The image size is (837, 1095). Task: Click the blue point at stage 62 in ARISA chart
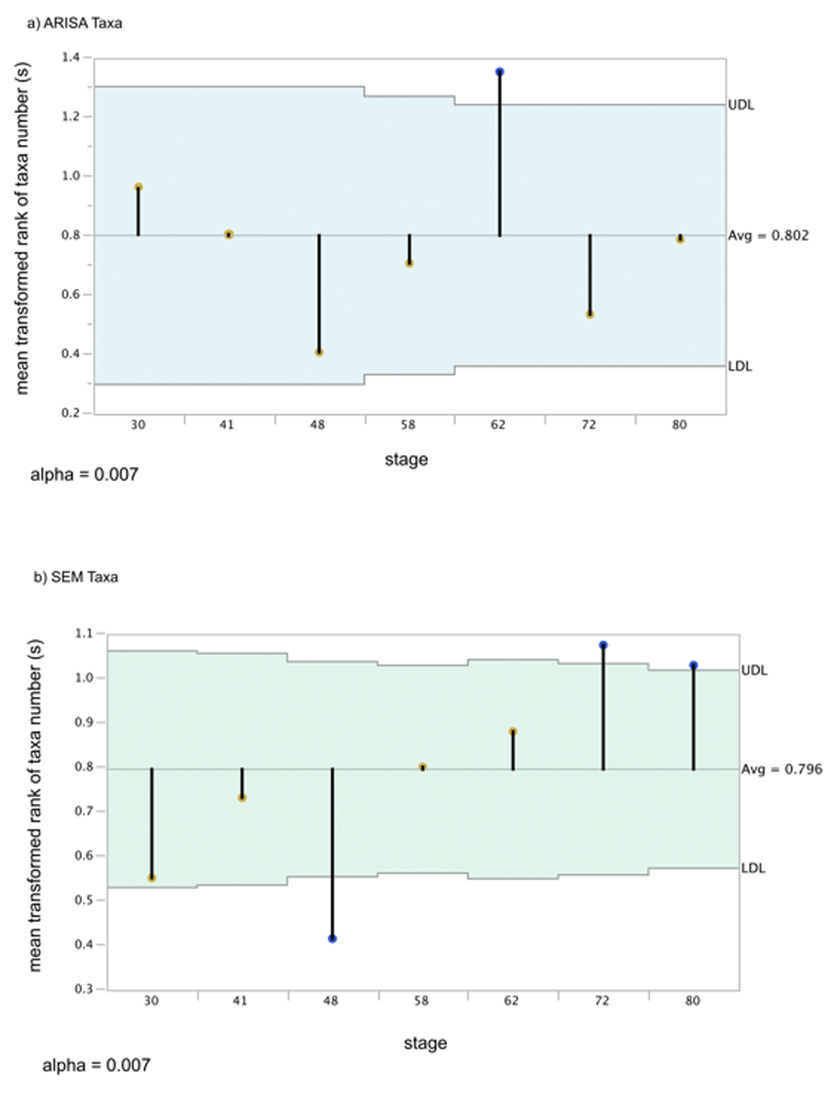pyautogui.click(x=500, y=72)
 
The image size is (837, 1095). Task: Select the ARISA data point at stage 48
pyautogui.click(x=319, y=352)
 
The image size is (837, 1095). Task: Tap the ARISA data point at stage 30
pyautogui.click(x=138, y=187)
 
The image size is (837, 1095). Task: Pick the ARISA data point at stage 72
pyautogui.click(x=590, y=315)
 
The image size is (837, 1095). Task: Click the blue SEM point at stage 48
pyautogui.click(x=332, y=939)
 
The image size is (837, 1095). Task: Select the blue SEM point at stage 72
pyautogui.click(x=603, y=645)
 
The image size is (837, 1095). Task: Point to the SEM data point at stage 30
pyautogui.click(x=151, y=878)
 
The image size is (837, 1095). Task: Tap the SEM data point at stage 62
pyautogui.click(x=513, y=732)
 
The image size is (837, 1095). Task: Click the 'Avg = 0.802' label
pyautogui.click(x=768, y=235)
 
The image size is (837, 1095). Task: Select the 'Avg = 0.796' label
pyautogui.click(x=782, y=769)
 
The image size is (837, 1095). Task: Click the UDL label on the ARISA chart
pyautogui.click(x=741, y=105)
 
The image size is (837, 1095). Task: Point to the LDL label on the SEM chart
pyautogui.click(x=753, y=868)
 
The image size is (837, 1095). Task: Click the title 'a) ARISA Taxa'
pyautogui.click(x=74, y=23)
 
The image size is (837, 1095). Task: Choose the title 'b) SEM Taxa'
pyautogui.click(x=76, y=577)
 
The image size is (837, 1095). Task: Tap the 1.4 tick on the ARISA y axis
pyautogui.click(x=70, y=58)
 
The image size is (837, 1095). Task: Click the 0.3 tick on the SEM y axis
pyautogui.click(x=84, y=989)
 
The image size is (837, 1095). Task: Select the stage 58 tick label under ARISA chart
pyautogui.click(x=408, y=425)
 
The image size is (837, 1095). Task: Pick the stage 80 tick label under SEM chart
pyautogui.click(x=692, y=1000)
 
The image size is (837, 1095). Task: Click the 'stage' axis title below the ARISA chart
pyautogui.click(x=406, y=459)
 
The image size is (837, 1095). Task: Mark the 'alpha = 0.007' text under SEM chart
pyautogui.click(x=96, y=1065)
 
